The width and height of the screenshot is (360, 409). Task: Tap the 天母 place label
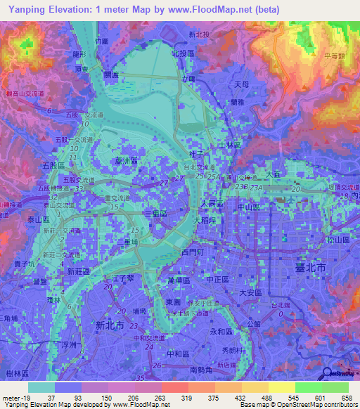coord(240,84)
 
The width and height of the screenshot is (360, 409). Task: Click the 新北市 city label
coord(110,325)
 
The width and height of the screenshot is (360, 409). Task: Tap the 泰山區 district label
coord(39,219)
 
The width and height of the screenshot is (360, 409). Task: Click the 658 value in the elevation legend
coord(347,397)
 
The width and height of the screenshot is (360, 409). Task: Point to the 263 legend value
coord(159,397)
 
